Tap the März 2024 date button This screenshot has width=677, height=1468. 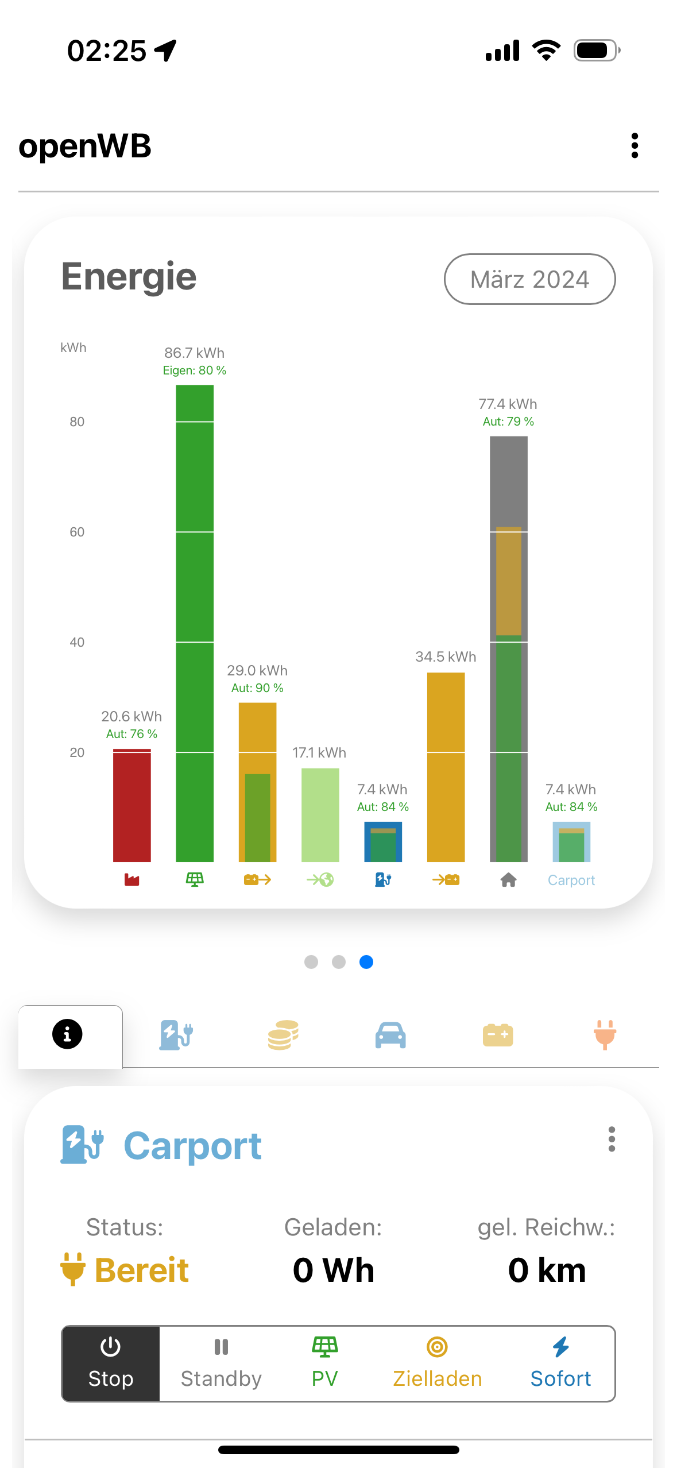pyautogui.click(x=529, y=279)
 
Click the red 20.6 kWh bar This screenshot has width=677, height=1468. pyautogui.click(x=131, y=805)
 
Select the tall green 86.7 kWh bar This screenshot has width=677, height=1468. pyautogui.click(x=195, y=623)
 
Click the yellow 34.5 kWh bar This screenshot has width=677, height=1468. pyautogui.click(x=446, y=767)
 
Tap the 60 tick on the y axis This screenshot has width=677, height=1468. pyautogui.click(x=77, y=532)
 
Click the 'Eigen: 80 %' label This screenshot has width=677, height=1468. pyautogui.click(x=195, y=370)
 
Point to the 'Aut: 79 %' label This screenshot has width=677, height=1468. pyautogui.click(x=508, y=422)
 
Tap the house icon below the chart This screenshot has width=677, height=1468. pyautogui.click(x=508, y=879)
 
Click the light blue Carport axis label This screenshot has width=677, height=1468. pyautogui.click(x=571, y=880)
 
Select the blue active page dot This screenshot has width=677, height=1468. pyautogui.click(x=366, y=961)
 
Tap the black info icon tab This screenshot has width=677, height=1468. pyautogui.click(x=68, y=1034)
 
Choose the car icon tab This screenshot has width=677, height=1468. pyautogui.click(x=390, y=1035)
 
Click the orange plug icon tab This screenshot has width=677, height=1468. pyautogui.click(x=605, y=1035)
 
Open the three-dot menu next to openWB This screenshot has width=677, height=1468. pyautogui.click(x=635, y=146)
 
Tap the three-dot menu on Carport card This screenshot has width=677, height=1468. pyautogui.click(x=612, y=1139)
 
